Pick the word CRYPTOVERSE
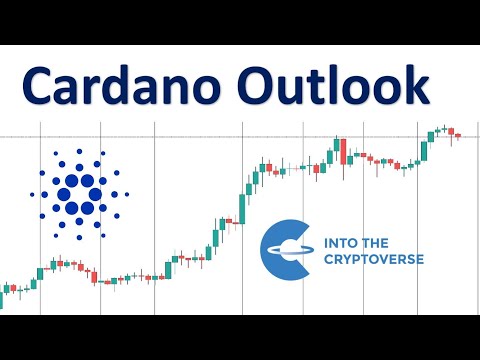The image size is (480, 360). pyautogui.click(x=374, y=259)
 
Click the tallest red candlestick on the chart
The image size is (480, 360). pyautogui.click(x=342, y=151)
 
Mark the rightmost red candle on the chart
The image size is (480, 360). pyautogui.click(x=458, y=135)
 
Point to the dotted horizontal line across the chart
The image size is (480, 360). pyautogui.click(x=200, y=136)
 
